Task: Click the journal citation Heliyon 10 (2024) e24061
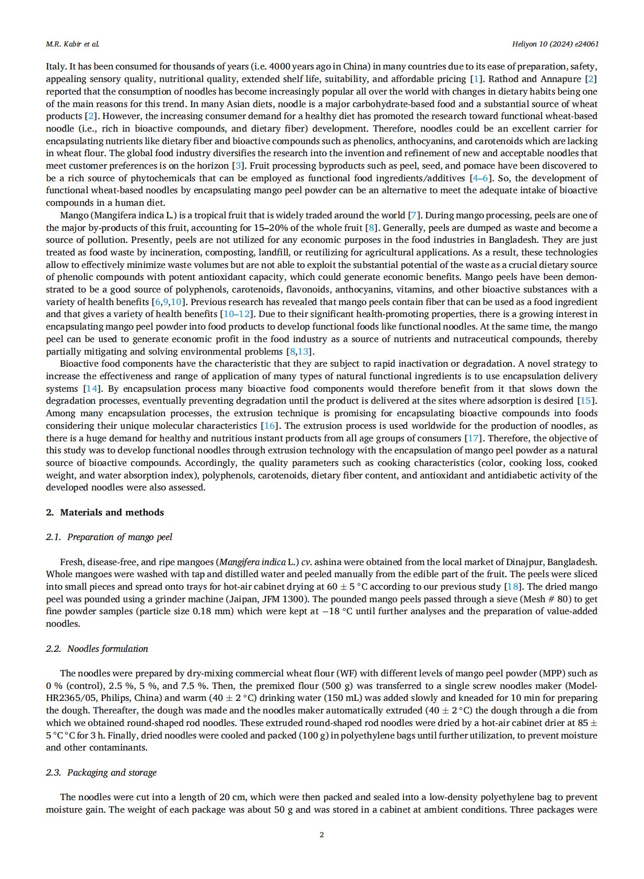pos(555,44)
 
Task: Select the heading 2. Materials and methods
pos(105,512)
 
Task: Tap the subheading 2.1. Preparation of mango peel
pos(109,537)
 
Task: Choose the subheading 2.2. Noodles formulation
pos(97,649)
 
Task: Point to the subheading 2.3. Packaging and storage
pos(101,772)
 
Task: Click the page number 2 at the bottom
pos(322,835)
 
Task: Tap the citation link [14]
pos(92,389)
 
